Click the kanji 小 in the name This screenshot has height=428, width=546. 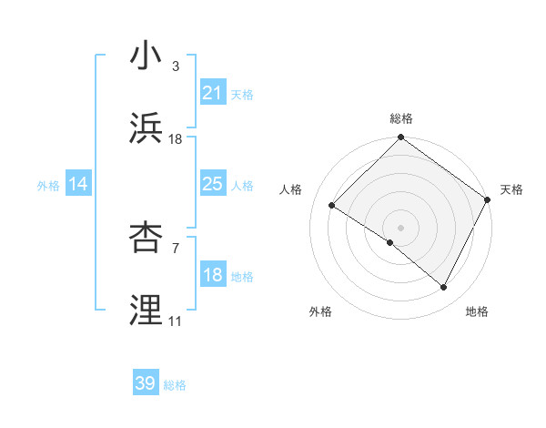(x=147, y=56)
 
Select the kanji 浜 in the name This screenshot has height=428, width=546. (x=147, y=128)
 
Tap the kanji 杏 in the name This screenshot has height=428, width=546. (x=147, y=238)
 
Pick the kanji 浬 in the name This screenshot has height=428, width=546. (x=147, y=311)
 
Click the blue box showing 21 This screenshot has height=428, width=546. (x=212, y=93)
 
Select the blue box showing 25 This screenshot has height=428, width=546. (x=212, y=184)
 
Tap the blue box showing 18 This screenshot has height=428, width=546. (x=212, y=275)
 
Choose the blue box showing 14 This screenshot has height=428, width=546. (x=78, y=184)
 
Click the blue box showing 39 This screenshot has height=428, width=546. (x=145, y=383)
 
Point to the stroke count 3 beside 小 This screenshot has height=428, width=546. (x=176, y=66)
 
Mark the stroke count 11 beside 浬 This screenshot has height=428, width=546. (x=175, y=321)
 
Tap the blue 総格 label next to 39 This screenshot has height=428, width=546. (x=175, y=385)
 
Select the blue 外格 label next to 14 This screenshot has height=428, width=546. (x=48, y=186)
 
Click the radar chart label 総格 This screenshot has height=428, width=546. (x=401, y=118)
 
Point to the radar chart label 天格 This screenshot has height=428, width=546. (x=511, y=189)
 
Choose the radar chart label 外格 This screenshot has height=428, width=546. (x=320, y=311)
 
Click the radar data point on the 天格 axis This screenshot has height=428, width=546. (x=488, y=199)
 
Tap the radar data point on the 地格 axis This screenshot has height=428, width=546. (x=444, y=288)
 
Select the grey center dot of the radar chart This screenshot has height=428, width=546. (x=400, y=227)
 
